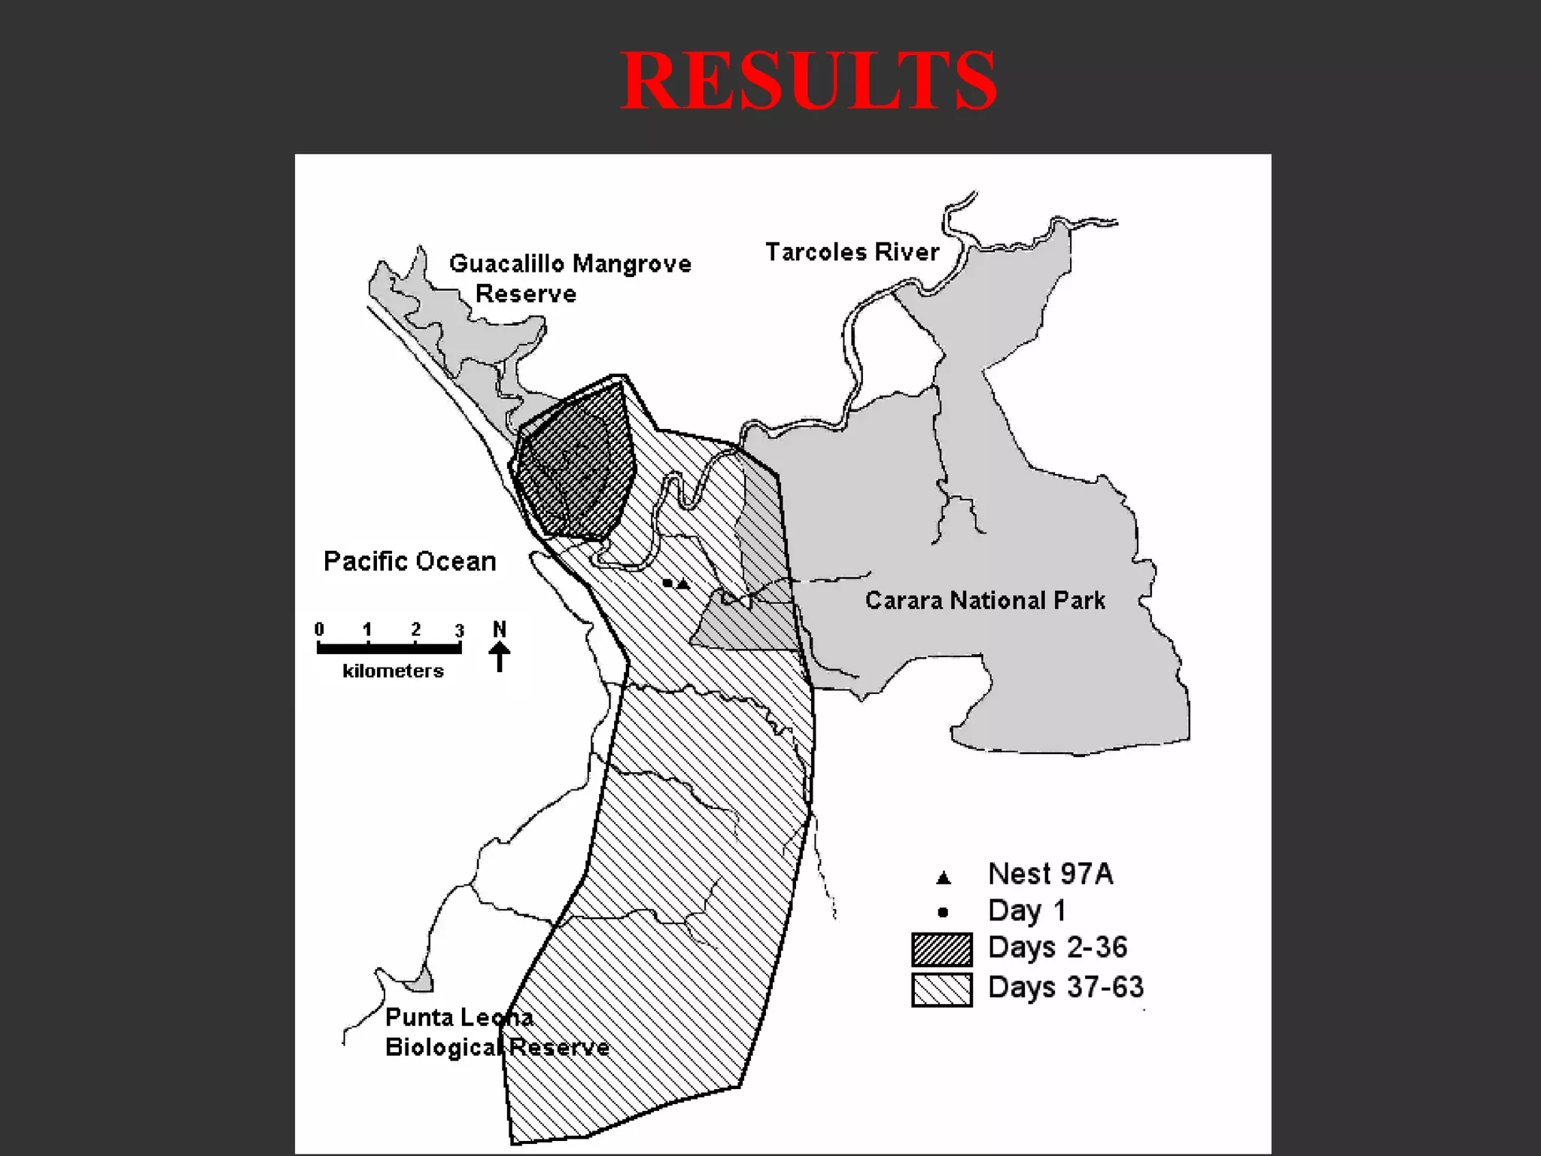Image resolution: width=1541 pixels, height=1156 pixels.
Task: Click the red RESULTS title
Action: [x=808, y=81]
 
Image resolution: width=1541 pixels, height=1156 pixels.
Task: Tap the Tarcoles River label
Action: [x=852, y=252]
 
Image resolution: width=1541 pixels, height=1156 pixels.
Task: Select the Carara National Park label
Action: [x=985, y=601]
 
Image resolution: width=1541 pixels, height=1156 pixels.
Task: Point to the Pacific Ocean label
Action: [x=409, y=561]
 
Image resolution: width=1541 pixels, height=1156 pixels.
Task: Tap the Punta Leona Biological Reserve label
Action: [x=497, y=1033]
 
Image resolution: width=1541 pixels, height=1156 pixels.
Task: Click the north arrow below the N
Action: [x=500, y=656]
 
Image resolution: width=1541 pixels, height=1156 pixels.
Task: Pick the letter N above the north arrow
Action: [x=500, y=628]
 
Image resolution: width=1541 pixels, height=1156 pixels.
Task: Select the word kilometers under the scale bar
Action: [x=393, y=671]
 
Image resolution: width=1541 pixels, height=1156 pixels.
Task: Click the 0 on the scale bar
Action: [x=320, y=629]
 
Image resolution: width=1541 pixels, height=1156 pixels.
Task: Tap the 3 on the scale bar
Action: [x=459, y=631]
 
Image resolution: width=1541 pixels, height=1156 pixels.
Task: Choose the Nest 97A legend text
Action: [x=1050, y=874]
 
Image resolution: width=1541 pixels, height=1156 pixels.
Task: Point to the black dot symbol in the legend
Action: [x=943, y=913]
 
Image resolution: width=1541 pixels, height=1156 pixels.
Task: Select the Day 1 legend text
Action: [x=1027, y=911]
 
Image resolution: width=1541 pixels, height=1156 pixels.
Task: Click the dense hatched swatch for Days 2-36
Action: [x=941, y=949]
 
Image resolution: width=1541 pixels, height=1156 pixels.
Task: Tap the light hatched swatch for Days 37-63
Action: [x=941, y=989]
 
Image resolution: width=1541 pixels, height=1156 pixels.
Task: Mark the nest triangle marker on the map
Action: [x=682, y=583]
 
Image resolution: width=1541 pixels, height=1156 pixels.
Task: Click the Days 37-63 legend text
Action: [x=1065, y=987]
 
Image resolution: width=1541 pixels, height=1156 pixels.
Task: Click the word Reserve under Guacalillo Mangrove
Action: [x=526, y=294]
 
